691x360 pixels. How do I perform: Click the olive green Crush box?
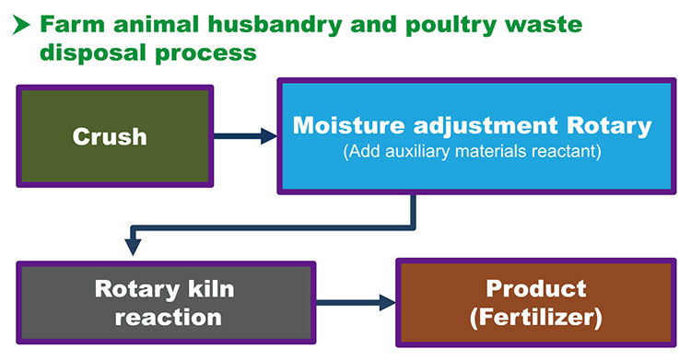pos(113,136)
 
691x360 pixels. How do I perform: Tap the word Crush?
pos(110,136)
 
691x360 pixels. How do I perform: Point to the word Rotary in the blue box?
pos(611,125)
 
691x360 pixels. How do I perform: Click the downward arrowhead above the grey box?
pos(133,246)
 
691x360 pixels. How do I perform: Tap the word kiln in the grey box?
pos(207,289)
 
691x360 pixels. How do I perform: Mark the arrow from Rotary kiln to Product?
pos(356,301)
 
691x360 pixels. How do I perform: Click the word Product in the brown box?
pos(534,288)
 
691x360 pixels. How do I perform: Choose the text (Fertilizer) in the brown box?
pos(534,318)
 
